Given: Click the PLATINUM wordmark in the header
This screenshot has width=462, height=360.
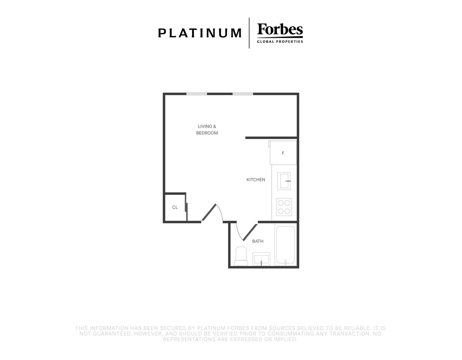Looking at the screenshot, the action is [200, 33].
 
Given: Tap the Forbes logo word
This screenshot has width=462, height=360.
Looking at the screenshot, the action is [280, 29].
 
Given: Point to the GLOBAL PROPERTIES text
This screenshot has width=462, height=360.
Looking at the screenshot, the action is [280, 42].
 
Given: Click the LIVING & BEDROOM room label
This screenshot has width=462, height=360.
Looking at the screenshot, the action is [207, 130].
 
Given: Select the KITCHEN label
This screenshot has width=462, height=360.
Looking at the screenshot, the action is [256, 180].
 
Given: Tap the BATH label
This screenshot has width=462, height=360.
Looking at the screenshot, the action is [258, 241].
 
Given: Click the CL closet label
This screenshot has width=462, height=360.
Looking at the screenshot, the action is [175, 207].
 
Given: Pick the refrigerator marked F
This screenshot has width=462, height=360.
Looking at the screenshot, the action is [283, 153].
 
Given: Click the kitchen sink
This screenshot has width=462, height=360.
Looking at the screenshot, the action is [284, 181].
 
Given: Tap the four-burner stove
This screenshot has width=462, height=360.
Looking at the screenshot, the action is [284, 207].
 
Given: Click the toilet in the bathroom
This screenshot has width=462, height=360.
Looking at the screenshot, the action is [241, 256].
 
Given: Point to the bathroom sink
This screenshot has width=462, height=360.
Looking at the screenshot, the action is [261, 259].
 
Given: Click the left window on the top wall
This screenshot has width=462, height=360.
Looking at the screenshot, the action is [197, 94].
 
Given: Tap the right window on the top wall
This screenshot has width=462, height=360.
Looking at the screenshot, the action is [243, 94].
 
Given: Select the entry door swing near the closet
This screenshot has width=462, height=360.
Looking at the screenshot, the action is [212, 212].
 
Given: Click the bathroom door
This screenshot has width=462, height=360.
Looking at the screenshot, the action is [247, 232].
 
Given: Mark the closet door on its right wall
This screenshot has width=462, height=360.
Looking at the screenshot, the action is [186, 207].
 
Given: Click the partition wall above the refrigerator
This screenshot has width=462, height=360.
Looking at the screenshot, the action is [271, 138].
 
